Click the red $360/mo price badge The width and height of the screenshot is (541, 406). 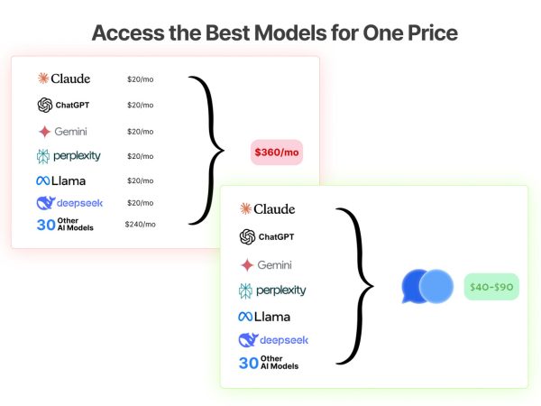(277, 152)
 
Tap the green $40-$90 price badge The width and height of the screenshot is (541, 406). (491, 287)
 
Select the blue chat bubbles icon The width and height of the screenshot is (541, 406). (427, 286)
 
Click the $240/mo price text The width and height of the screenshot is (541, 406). (140, 225)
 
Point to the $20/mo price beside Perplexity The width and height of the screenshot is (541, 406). (141, 156)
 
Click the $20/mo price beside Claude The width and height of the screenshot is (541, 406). (141, 79)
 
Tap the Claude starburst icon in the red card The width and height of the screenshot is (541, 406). (43, 78)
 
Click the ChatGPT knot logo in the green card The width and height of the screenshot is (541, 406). (247, 236)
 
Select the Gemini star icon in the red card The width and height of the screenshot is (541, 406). (44, 132)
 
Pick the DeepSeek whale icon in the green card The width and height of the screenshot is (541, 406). (248, 340)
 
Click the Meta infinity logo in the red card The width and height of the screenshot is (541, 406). (42, 180)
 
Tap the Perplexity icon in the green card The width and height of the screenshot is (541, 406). (245, 291)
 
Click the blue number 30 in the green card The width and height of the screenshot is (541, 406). (249, 363)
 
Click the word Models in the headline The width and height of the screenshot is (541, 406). (290, 33)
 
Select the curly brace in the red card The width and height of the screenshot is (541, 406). (206, 150)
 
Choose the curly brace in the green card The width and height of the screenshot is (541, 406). (355, 286)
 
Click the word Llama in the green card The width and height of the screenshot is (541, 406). (272, 317)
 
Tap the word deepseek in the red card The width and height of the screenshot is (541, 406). (79, 203)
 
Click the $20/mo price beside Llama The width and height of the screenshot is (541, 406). (141, 180)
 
